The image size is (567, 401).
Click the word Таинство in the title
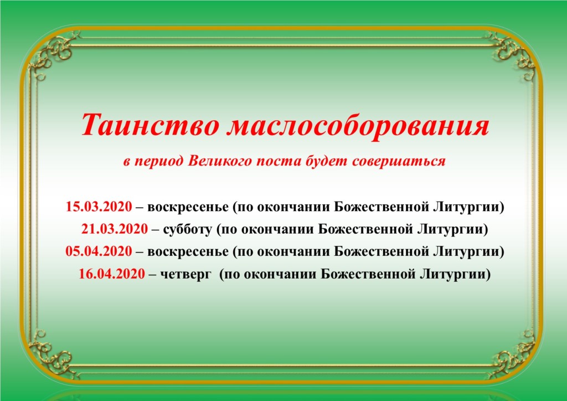point(150,125)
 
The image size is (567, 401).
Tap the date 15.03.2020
point(99,207)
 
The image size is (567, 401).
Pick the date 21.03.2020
point(115,229)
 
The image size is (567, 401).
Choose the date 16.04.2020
point(112,274)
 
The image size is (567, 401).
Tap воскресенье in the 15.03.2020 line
point(188,208)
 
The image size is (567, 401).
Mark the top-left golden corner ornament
point(54,54)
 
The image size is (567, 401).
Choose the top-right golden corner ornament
point(513,54)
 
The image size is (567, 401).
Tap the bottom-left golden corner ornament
point(54,353)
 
